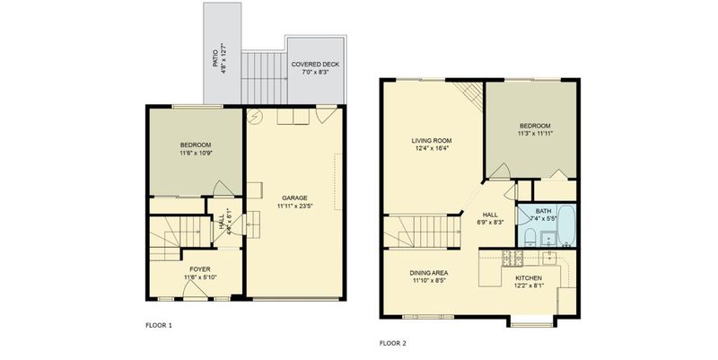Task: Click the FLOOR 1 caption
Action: pos(159,326)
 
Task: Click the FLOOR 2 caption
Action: pos(393,343)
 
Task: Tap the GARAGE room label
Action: pos(294,198)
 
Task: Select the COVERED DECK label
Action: pos(316,65)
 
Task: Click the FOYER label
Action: pos(200,269)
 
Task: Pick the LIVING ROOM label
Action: pos(432,141)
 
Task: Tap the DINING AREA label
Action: pos(429,273)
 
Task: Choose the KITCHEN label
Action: pos(529,278)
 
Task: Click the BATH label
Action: pos(544,211)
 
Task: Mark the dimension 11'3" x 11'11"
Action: pos(534,134)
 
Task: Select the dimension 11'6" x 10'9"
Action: pos(196,153)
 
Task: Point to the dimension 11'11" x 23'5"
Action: pos(294,206)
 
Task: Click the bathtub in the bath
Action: pos(566,226)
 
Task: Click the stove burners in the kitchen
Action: pos(512,259)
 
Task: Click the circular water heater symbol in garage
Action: pos(253,118)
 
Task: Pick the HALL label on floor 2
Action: pos(489,215)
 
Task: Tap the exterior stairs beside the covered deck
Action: pos(264,78)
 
